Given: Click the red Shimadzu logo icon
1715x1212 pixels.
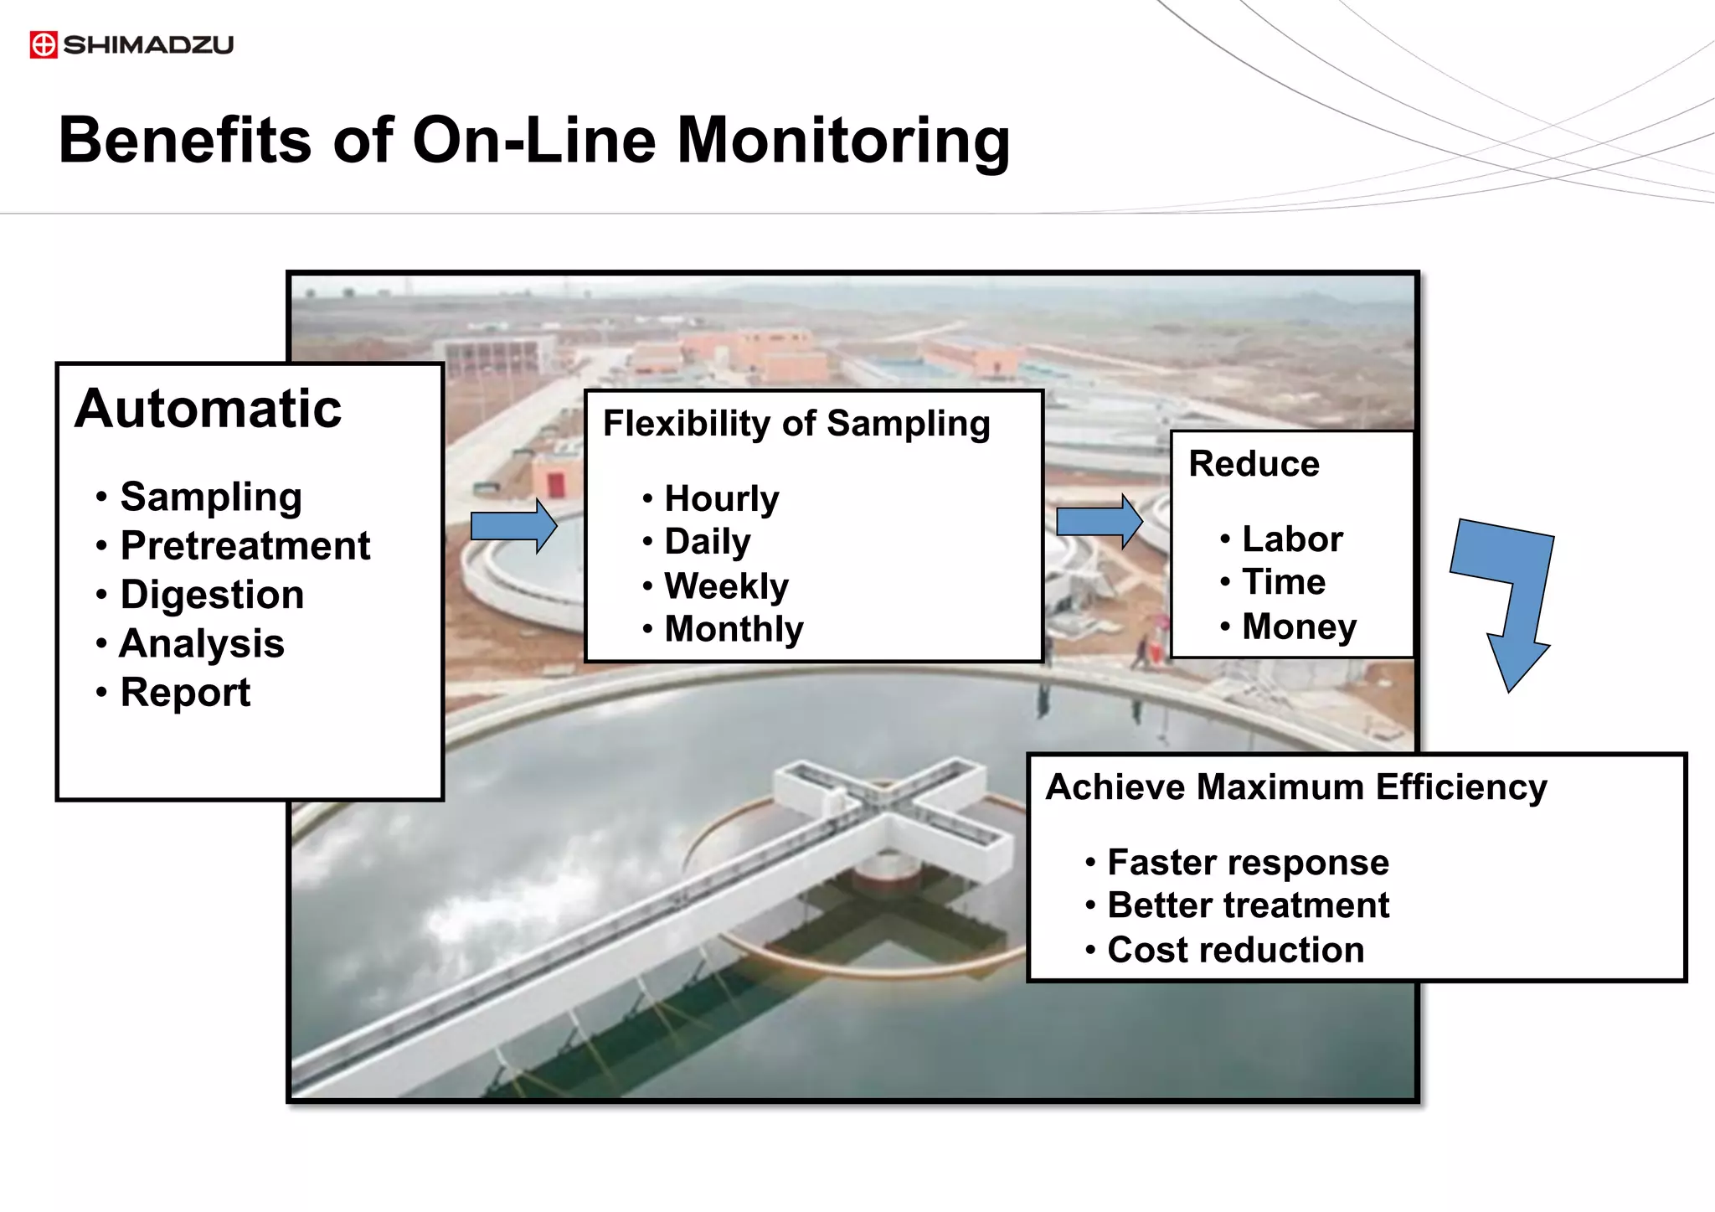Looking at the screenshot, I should [44, 44].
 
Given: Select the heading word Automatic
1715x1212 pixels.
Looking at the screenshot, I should [209, 409].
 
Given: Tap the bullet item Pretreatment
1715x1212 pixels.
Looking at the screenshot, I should [245, 546].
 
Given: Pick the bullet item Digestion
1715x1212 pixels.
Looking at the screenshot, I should [212, 595].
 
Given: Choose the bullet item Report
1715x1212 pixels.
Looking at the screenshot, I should [185, 693].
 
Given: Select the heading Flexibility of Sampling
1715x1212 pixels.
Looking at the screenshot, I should [796, 424].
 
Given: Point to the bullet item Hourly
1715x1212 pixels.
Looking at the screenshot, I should [721, 499].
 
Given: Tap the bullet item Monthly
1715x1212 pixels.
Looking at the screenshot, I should [734, 629].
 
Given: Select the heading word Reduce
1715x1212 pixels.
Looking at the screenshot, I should [1254, 464].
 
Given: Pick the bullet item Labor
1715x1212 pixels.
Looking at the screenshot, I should [1292, 539].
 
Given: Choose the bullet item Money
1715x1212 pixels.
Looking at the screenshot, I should [1299, 627].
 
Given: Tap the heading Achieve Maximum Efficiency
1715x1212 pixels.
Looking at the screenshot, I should [1295, 787].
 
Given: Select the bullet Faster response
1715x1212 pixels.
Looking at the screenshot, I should [1248, 863].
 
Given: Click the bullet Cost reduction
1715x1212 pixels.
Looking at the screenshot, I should [1235, 950].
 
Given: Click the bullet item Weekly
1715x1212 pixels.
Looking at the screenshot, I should [726, 586].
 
